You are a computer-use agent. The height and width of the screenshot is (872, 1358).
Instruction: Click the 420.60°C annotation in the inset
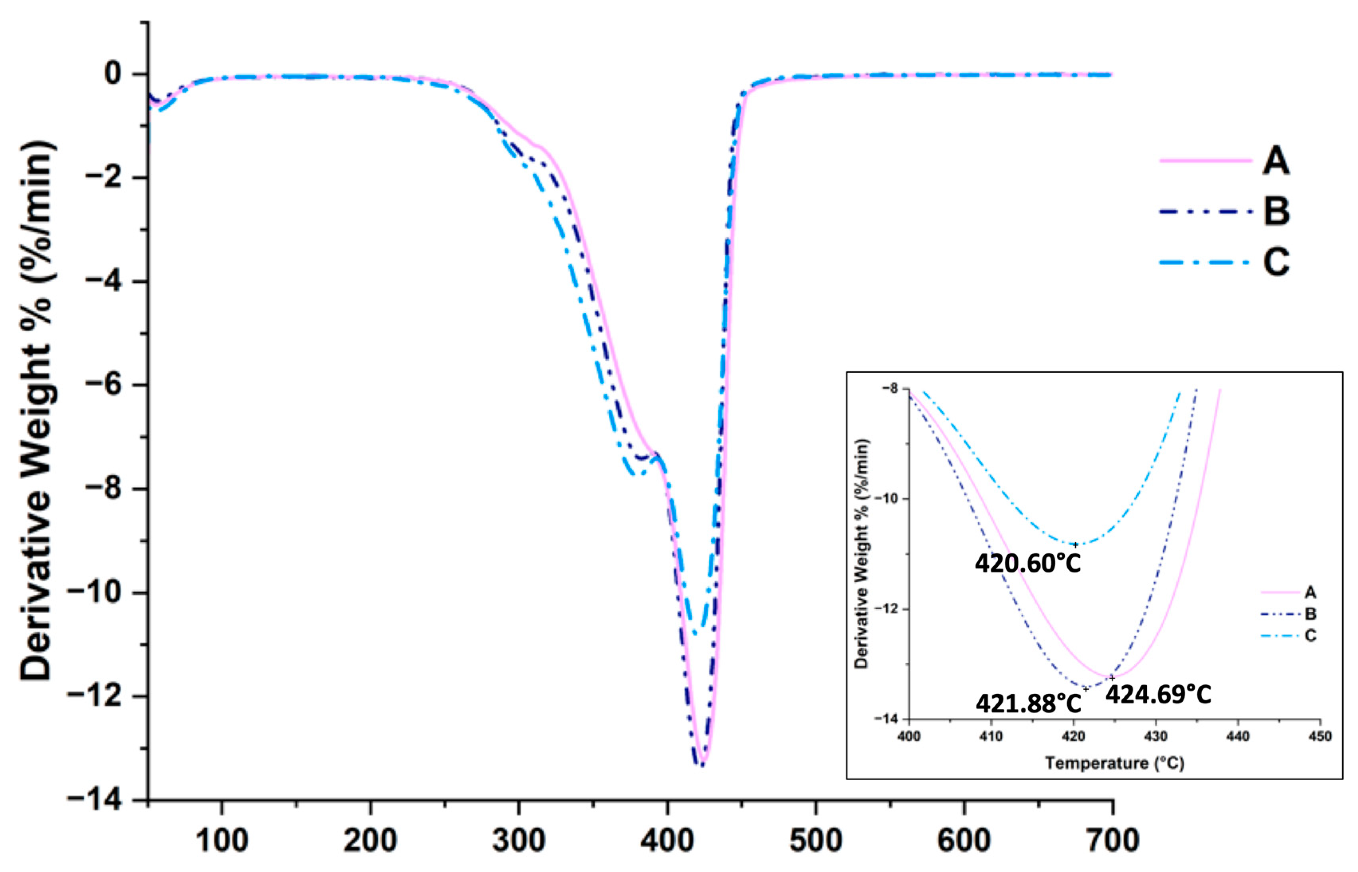(1028, 563)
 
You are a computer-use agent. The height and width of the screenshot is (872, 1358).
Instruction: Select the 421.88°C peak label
(1028, 704)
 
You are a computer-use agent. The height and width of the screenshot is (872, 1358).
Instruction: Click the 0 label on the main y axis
(113, 74)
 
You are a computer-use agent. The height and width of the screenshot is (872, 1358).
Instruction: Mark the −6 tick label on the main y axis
(102, 385)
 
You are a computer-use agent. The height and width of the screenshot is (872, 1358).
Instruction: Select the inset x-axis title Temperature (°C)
(1114, 763)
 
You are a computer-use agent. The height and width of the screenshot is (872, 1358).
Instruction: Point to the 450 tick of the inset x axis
(1319, 736)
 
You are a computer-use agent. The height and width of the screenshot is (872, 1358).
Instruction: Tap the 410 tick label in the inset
(991, 736)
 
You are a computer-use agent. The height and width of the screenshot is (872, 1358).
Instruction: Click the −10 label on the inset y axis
(886, 499)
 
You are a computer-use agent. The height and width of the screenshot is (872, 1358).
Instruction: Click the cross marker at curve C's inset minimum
(1075, 545)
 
